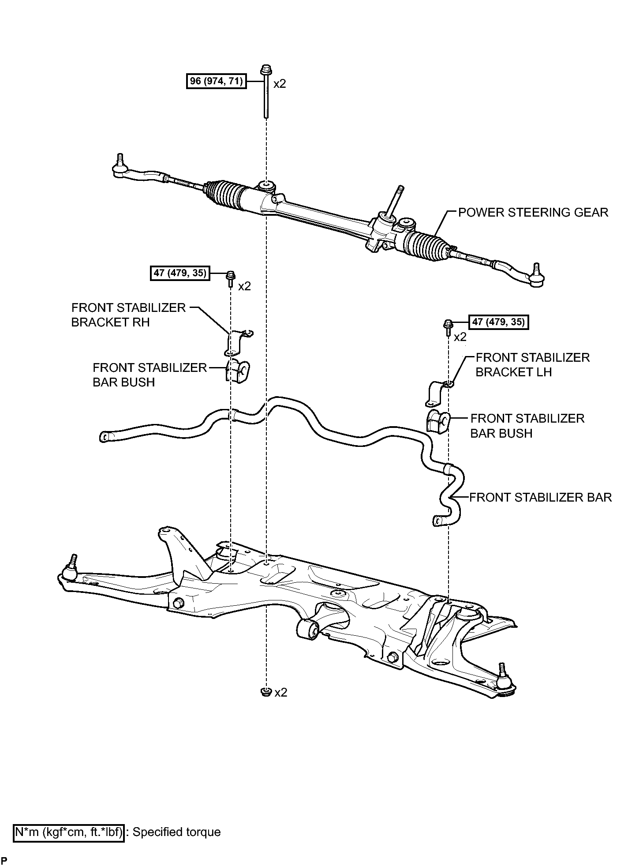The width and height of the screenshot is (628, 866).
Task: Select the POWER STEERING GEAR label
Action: (533, 212)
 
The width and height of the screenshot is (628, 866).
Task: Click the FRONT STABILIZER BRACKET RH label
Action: (128, 315)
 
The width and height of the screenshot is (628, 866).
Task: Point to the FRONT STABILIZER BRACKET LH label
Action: (532, 365)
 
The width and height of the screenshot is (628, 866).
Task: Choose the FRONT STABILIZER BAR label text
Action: (540, 497)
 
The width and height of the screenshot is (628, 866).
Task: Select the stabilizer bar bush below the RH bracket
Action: (237, 371)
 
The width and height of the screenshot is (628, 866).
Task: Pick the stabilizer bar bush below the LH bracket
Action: (437, 421)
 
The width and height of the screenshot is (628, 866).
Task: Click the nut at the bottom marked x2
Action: (265, 692)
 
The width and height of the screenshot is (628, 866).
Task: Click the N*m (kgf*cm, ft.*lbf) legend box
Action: (69, 832)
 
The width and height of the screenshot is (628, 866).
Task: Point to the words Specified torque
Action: (176, 832)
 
